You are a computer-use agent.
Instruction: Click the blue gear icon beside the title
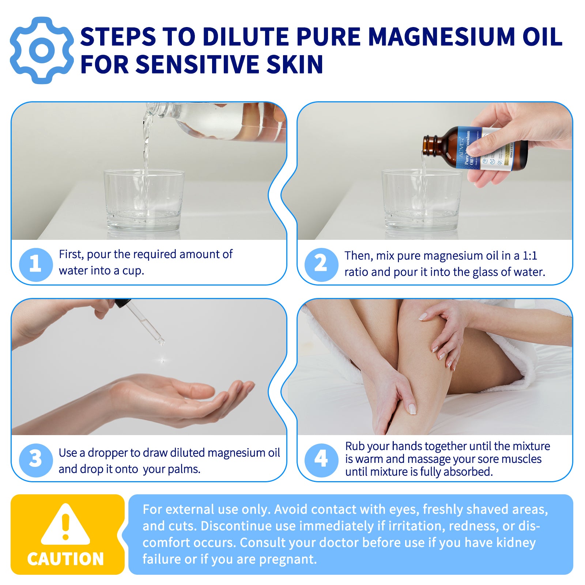coord(42,50)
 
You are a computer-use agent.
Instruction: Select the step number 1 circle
coord(35,264)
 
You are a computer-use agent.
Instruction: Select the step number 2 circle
coord(321,264)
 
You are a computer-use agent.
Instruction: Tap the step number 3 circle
coord(35,460)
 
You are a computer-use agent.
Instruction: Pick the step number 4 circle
coord(321,460)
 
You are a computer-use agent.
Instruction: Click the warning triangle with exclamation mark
coord(65,525)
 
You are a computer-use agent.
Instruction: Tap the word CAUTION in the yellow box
coord(65,559)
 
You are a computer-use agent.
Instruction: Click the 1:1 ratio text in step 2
coord(529,256)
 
